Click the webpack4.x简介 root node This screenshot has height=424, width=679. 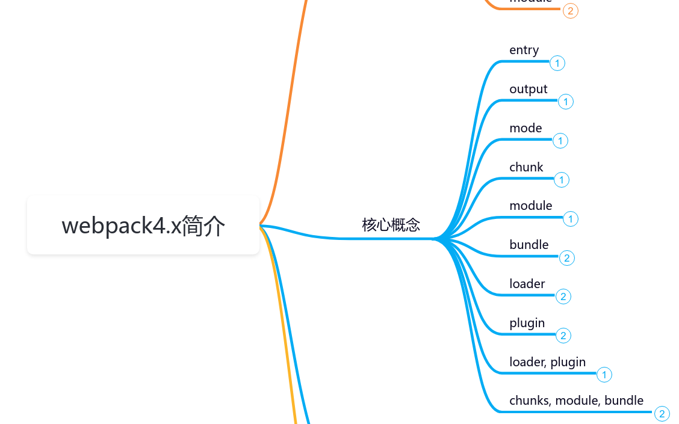click(x=143, y=226)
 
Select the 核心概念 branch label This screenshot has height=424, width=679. click(x=391, y=225)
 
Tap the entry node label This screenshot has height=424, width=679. click(x=524, y=50)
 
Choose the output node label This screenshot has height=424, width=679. click(x=528, y=89)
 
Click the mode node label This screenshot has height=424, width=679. click(x=526, y=128)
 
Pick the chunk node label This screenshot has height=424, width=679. click(x=526, y=167)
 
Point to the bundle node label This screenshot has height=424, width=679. click(x=529, y=245)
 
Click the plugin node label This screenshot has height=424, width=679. click(x=527, y=323)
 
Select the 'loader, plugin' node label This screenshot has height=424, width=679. click(x=547, y=362)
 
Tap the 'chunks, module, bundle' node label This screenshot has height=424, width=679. click(x=576, y=401)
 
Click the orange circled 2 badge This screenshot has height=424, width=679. click(x=571, y=11)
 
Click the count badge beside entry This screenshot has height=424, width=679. click(x=557, y=63)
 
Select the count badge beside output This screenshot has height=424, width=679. click(x=566, y=102)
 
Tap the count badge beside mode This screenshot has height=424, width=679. click(x=560, y=141)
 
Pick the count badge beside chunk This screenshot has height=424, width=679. click(x=562, y=180)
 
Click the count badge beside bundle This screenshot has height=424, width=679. click(x=567, y=258)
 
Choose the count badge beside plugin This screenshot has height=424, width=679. click(x=563, y=336)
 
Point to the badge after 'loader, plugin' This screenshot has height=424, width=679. click(x=604, y=375)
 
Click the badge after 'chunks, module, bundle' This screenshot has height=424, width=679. click(x=662, y=414)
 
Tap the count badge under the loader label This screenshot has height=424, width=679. click(x=563, y=296)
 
